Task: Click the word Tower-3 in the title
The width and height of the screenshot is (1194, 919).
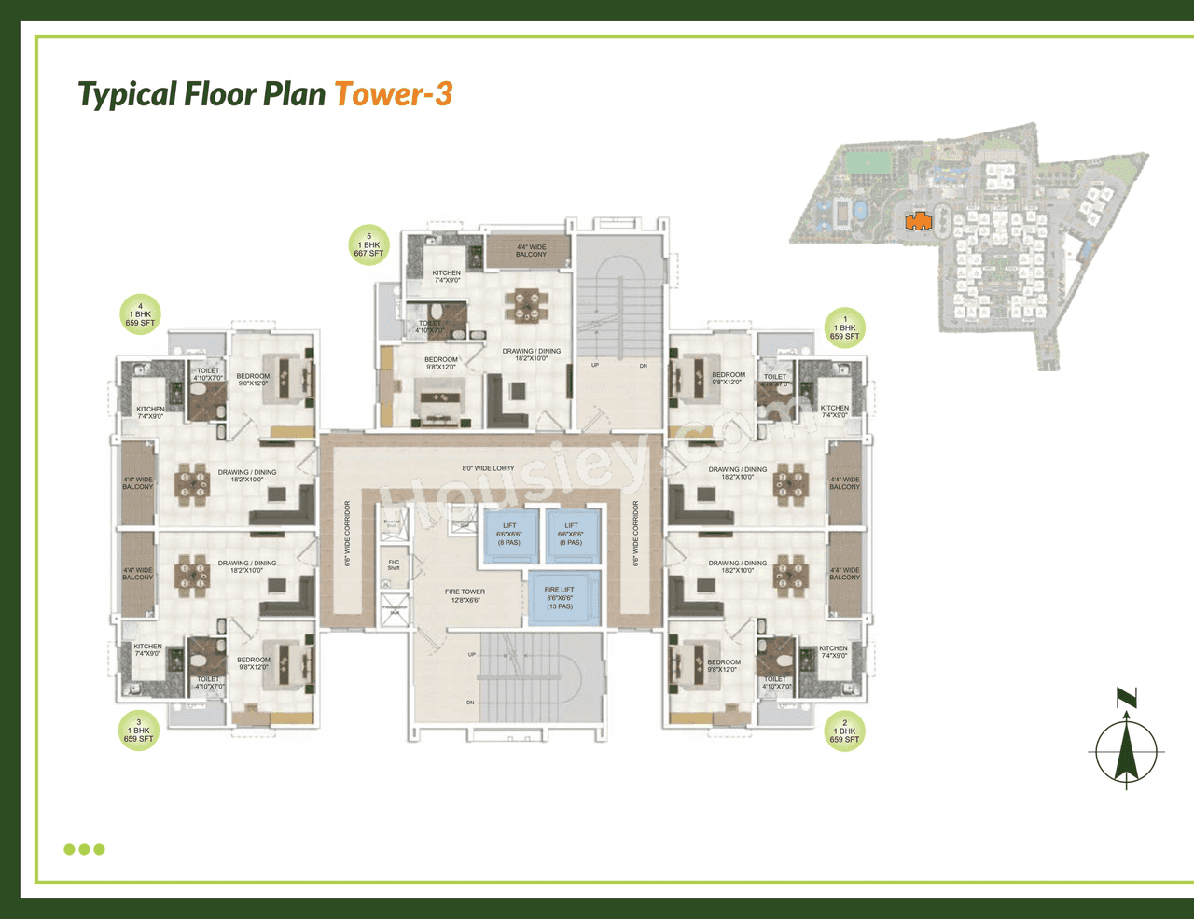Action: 393,94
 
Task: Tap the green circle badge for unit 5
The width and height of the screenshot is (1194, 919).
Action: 368,245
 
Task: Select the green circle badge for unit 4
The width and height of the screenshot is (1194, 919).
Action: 140,315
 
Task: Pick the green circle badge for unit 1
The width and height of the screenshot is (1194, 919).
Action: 845,327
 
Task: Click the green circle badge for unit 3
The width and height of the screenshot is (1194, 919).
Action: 138,731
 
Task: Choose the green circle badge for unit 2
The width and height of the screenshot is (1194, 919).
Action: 844,731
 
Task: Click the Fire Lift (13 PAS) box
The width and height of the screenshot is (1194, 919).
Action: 560,598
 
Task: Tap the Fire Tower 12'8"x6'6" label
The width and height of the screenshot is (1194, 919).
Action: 465,596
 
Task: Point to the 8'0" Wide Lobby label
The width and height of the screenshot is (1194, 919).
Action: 488,468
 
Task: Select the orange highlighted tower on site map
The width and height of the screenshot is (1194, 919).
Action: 918,221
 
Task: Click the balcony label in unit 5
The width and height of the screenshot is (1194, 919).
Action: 531,251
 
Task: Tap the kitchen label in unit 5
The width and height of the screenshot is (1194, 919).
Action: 446,276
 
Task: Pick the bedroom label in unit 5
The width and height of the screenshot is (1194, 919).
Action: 441,363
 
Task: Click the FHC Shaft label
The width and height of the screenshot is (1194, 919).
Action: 394,565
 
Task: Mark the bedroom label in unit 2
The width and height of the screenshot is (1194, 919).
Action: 723,665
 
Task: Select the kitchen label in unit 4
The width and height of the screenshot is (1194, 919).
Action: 150,412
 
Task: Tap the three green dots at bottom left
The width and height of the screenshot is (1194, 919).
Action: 84,849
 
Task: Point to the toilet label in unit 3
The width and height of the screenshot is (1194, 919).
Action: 208,682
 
